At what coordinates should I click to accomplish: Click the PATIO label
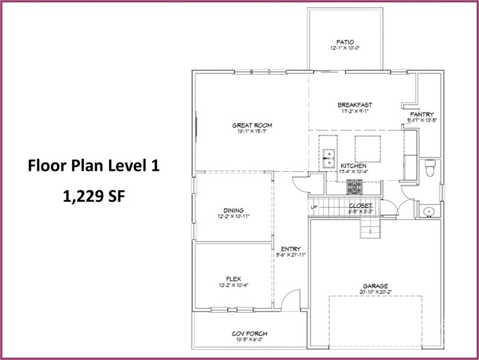pyautogui.click(x=345, y=42)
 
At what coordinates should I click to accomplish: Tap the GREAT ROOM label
pyautogui.click(x=252, y=125)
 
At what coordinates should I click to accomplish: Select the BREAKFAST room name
pyautogui.click(x=354, y=105)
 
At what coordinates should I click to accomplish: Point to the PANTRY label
pyautogui.click(x=422, y=114)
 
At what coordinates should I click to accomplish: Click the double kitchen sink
pyautogui.click(x=328, y=160)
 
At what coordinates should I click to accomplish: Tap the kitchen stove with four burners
pyautogui.click(x=354, y=188)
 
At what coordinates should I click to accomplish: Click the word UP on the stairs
pyautogui.click(x=314, y=208)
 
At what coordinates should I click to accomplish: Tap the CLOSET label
pyautogui.click(x=361, y=205)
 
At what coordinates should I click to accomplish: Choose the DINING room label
pyautogui.click(x=234, y=210)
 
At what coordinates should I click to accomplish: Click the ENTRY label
pyautogui.click(x=291, y=249)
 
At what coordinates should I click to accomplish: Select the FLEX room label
pyautogui.click(x=234, y=279)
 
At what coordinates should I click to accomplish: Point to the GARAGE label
pyautogui.click(x=375, y=286)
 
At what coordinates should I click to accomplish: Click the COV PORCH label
pyautogui.click(x=249, y=334)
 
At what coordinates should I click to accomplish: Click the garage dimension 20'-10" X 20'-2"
pyautogui.click(x=375, y=292)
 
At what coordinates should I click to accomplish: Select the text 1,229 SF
pyautogui.click(x=93, y=196)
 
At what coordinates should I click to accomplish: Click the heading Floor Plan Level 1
pyautogui.click(x=93, y=166)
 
